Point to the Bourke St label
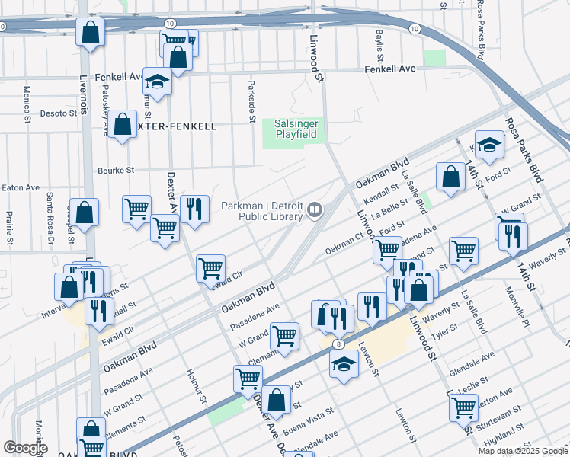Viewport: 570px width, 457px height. click(x=115, y=170)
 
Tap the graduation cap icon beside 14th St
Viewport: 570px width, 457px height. click(x=489, y=145)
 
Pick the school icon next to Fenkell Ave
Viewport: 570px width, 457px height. click(x=157, y=81)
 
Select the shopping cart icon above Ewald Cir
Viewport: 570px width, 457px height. click(x=210, y=267)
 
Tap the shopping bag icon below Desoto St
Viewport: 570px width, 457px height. click(x=122, y=124)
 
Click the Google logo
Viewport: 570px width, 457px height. click(x=24, y=448)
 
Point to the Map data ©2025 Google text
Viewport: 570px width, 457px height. click(x=523, y=451)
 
